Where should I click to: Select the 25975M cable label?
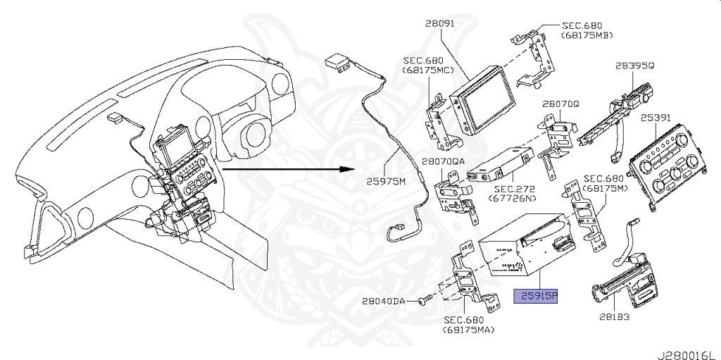pyautogui.click(x=389, y=180)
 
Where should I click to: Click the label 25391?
pyautogui.click(x=656, y=118)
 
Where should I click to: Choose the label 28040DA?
pyautogui.click(x=384, y=301)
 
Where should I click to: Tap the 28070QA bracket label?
pyautogui.click(x=444, y=161)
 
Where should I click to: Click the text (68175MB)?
pyautogui.click(x=586, y=35)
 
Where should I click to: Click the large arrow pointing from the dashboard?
pyautogui.click(x=289, y=170)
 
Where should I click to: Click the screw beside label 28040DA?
pyautogui.click(x=421, y=301)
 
